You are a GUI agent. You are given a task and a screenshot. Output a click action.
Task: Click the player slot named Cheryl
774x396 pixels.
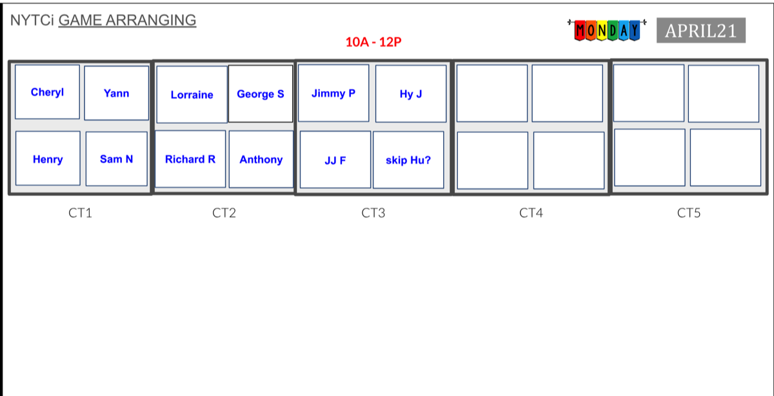(x=47, y=92)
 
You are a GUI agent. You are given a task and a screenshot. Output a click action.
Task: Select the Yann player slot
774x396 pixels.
(x=116, y=94)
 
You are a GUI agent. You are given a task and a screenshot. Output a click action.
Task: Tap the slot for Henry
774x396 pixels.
(x=48, y=159)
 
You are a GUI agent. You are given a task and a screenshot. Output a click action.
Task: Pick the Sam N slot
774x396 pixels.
(x=117, y=159)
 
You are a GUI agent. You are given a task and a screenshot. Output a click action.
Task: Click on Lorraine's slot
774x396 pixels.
(x=192, y=95)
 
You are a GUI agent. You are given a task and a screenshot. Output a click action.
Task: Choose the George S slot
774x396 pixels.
(x=261, y=94)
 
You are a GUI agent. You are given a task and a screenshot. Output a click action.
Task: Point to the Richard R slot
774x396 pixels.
(x=190, y=159)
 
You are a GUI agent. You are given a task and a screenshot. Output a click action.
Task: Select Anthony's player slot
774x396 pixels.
(x=261, y=159)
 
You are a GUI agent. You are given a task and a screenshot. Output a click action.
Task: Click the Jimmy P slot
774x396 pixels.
(x=333, y=94)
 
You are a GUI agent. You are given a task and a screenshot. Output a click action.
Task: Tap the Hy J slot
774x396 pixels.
(x=411, y=94)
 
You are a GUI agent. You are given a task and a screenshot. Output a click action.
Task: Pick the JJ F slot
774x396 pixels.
(x=335, y=161)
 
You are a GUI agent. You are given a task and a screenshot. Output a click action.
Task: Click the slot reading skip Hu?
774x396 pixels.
(x=408, y=161)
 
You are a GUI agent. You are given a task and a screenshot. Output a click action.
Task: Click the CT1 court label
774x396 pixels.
(x=80, y=213)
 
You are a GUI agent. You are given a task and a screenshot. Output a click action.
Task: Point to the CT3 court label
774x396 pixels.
(x=373, y=213)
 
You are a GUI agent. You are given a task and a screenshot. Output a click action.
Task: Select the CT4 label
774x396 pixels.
(x=531, y=213)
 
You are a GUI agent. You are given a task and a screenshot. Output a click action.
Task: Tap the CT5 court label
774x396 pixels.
(x=689, y=213)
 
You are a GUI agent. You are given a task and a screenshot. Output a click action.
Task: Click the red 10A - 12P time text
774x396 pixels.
(x=374, y=43)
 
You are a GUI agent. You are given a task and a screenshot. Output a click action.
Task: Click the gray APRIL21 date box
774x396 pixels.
(x=700, y=31)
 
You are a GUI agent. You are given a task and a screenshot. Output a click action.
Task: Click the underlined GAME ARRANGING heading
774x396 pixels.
(x=127, y=20)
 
